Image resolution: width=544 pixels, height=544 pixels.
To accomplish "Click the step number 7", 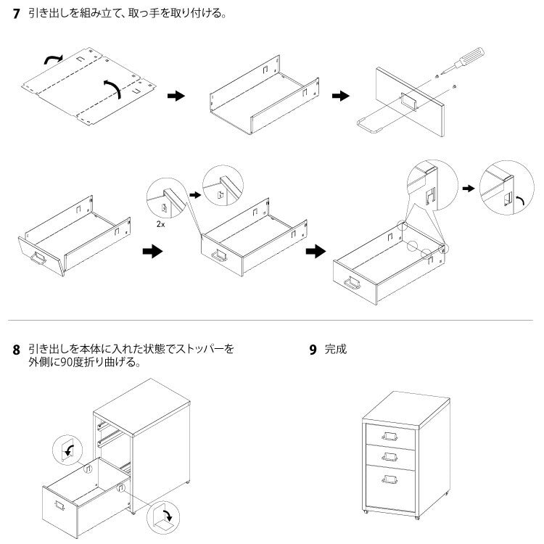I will [x=16, y=14].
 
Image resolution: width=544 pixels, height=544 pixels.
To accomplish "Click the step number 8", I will [x=16, y=350].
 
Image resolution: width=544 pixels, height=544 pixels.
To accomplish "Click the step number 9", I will [x=313, y=350].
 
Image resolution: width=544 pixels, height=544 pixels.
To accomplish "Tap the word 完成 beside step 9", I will [x=336, y=349].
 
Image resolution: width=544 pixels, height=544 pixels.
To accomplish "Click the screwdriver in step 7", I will [x=463, y=60].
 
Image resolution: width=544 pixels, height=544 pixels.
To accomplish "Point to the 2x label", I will [x=160, y=225].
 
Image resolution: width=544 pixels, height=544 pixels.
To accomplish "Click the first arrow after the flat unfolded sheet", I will [x=176, y=96].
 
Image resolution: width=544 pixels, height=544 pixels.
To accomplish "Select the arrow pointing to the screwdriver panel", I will [x=339, y=96].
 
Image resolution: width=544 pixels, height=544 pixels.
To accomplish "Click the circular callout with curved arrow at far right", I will [x=503, y=187].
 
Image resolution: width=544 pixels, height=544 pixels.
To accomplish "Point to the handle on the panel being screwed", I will [x=407, y=102].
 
